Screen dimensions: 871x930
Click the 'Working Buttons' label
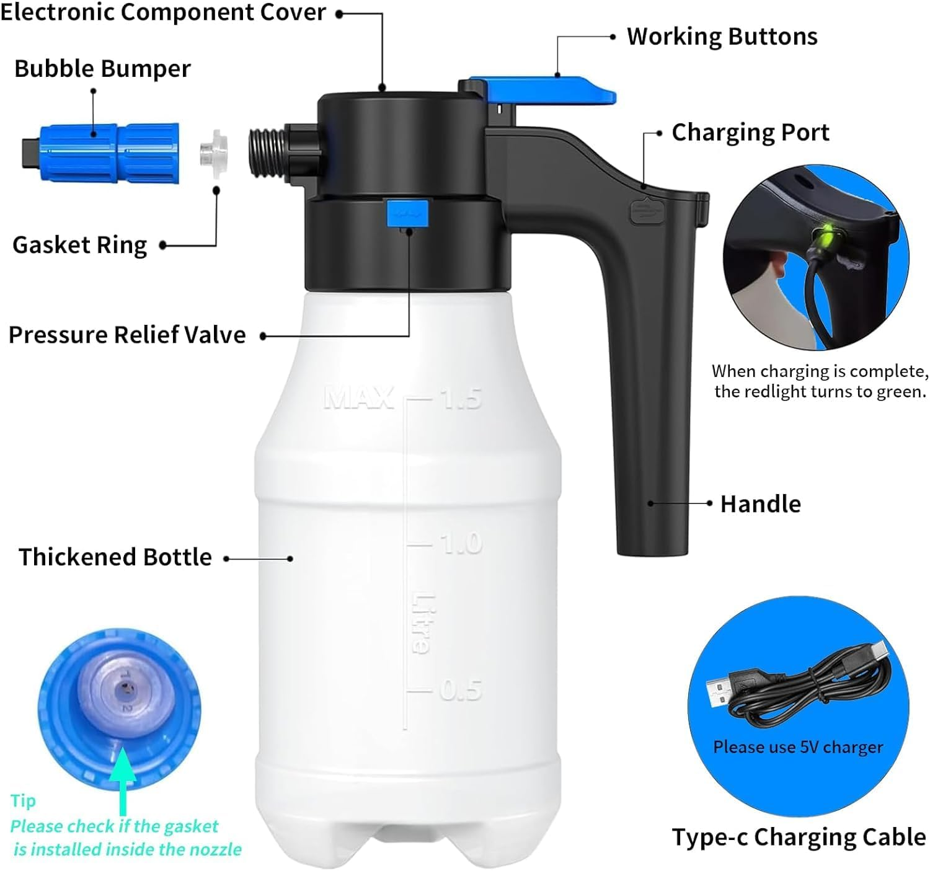pyautogui.click(x=722, y=37)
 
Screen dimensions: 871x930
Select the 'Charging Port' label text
pyautogui.click(x=750, y=133)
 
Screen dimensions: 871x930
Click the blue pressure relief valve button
pyautogui.click(x=407, y=213)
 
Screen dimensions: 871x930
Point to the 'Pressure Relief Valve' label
pyautogui.click(x=127, y=335)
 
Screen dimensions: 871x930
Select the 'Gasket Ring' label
pyautogui.click(x=79, y=245)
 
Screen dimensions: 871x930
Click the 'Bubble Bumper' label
pyautogui.click(x=102, y=68)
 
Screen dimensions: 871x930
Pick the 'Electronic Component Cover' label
pyautogui.click(x=163, y=12)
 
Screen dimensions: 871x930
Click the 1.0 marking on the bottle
pyautogui.click(x=461, y=544)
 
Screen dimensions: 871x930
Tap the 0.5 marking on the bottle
pyautogui.click(x=461, y=689)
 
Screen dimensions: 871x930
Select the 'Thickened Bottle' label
pyautogui.click(x=115, y=557)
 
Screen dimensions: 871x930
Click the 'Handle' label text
pyautogui.click(x=760, y=504)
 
